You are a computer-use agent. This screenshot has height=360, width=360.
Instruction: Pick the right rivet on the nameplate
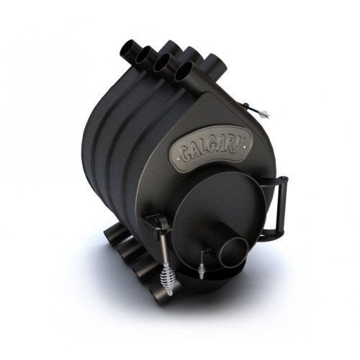pos(244,147)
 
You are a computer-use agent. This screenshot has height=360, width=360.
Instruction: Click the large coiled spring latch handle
pos(168,279)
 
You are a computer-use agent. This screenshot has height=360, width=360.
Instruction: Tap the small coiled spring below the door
pos(201,271)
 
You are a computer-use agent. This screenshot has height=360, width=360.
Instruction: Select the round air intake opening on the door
pos(235,253)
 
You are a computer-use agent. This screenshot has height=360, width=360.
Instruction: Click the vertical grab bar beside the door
pos(283,206)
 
